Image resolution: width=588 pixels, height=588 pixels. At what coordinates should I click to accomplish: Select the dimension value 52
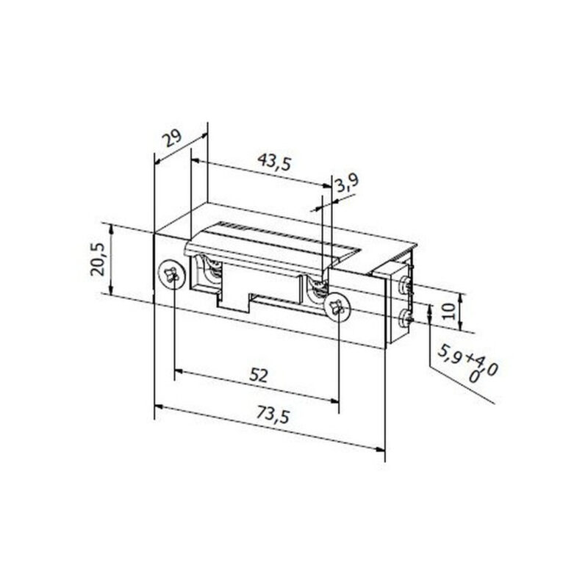pos(258,375)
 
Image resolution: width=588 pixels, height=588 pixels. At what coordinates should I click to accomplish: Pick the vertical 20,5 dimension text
pos(98,260)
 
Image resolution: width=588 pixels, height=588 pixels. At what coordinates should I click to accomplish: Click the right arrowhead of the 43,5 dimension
pos(328,187)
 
